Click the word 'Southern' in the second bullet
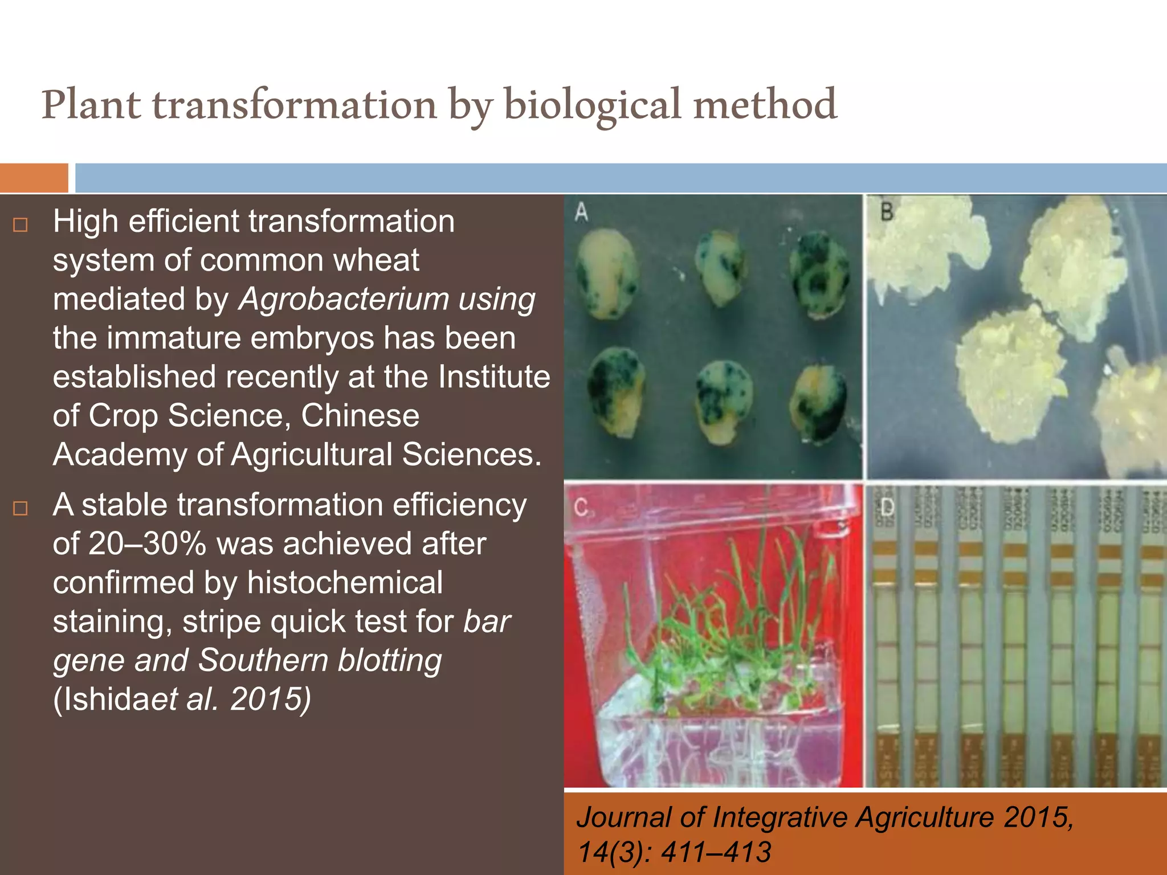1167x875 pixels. (x=263, y=661)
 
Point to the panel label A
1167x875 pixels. (x=581, y=212)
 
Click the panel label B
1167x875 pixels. (x=887, y=212)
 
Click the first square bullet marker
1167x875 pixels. (x=21, y=225)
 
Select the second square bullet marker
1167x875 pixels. (x=21, y=508)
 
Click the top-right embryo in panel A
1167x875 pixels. (x=819, y=273)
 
